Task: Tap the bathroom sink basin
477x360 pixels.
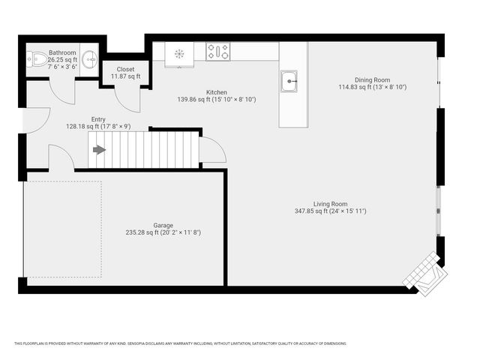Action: pyautogui.click(x=89, y=58)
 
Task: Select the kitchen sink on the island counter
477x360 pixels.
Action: pyautogui.click(x=289, y=80)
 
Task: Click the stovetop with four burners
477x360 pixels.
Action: pyautogui.click(x=218, y=52)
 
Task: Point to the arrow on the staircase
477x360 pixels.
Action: pyautogui.click(x=99, y=149)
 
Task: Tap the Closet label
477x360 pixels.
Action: pyautogui.click(x=125, y=69)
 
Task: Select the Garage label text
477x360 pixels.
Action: pyautogui.click(x=163, y=225)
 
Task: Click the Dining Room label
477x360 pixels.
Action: pyautogui.click(x=372, y=79)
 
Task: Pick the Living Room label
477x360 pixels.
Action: pyautogui.click(x=330, y=203)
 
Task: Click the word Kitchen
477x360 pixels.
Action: pyautogui.click(x=217, y=91)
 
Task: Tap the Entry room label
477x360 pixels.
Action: pyautogui.click(x=98, y=119)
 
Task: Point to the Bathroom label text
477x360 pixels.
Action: pyautogui.click(x=62, y=52)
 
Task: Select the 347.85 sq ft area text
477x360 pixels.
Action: pyautogui.click(x=329, y=211)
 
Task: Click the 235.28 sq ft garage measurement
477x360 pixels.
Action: pyautogui.click(x=163, y=232)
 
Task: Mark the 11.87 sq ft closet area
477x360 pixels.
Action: pyautogui.click(x=125, y=76)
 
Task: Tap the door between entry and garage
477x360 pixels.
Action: pyautogui.click(x=60, y=159)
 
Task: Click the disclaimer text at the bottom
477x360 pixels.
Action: pyautogui.click(x=180, y=343)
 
